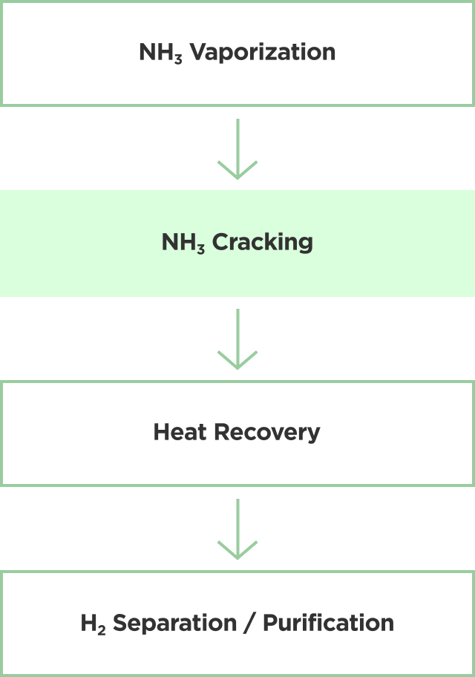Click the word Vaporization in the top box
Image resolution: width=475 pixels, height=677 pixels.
[x=263, y=53]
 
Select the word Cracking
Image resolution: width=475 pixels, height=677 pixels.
[x=263, y=243]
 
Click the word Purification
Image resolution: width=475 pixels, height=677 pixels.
[x=328, y=623]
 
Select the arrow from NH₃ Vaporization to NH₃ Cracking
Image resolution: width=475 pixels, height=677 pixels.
[x=237, y=148]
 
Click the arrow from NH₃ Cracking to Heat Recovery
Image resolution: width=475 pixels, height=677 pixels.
[x=237, y=338]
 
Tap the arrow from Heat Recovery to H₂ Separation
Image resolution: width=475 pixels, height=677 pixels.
[x=237, y=529]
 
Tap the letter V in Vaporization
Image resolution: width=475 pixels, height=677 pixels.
[x=198, y=53]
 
